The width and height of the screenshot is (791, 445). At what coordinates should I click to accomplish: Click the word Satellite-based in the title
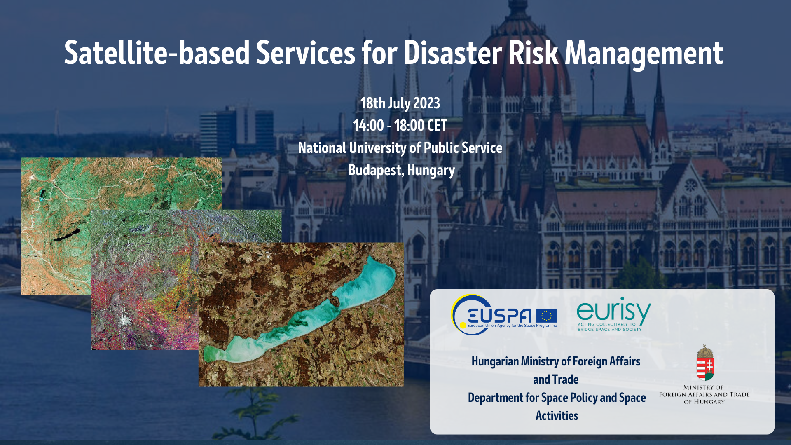click(x=157, y=53)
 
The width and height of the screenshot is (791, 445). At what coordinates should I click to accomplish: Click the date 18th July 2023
click(x=400, y=103)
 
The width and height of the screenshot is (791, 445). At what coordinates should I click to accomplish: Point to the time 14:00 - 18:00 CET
click(x=400, y=125)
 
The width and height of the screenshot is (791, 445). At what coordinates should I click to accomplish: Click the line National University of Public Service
click(x=400, y=148)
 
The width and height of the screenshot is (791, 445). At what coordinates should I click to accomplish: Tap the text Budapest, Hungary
click(x=401, y=170)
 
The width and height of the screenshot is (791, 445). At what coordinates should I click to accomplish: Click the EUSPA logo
click(x=504, y=315)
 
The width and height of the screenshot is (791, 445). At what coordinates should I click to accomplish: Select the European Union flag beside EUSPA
click(x=547, y=316)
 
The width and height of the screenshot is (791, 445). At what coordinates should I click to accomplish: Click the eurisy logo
click(x=613, y=314)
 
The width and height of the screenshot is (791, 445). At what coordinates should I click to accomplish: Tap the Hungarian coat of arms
click(x=705, y=363)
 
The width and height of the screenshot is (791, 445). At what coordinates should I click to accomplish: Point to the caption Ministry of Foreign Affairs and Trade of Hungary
click(x=704, y=394)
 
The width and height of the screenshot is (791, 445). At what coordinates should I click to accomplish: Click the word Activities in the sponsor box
click(x=557, y=415)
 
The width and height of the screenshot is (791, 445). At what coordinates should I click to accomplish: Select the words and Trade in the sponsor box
click(x=556, y=379)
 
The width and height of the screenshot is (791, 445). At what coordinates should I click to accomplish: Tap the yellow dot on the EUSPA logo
click(x=463, y=326)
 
